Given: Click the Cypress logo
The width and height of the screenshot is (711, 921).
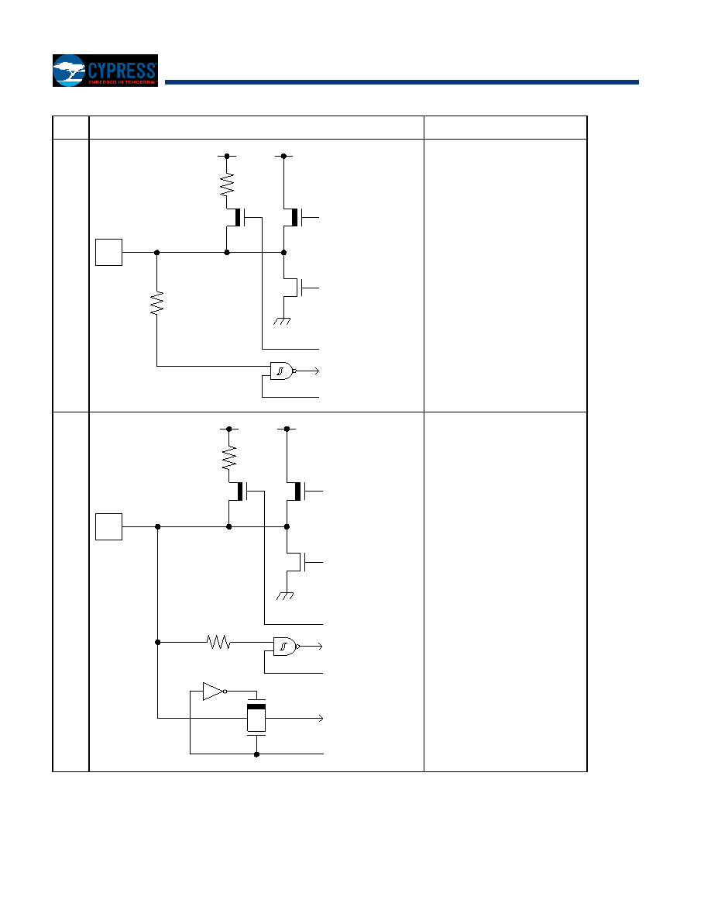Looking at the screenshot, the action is click(105, 71).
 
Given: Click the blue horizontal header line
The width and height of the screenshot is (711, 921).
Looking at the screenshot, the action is click(402, 82).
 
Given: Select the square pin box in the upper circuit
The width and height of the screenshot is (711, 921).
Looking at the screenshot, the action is click(109, 253).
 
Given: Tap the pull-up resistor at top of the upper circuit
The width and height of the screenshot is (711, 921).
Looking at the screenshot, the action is click(227, 185).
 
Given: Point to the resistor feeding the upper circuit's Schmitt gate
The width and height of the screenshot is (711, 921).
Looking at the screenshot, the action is click(156, 303).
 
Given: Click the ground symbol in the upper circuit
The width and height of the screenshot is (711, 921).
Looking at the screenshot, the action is click(282, 321).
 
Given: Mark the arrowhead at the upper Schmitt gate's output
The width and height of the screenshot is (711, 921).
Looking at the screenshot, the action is click(316, 371).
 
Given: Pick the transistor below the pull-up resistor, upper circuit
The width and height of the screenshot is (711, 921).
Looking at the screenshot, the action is click(241, 217).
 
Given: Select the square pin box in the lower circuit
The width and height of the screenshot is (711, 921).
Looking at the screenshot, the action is click(109, 527).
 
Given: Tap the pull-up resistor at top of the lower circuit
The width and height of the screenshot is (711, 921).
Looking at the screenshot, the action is click(228, 457).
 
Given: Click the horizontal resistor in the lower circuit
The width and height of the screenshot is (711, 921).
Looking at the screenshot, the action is click(219, 642).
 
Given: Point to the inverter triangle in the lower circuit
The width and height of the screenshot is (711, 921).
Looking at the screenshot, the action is click(215, 692).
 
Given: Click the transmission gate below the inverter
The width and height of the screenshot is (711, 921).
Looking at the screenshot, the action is click(256, 718).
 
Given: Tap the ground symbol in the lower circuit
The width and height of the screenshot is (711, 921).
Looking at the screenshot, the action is click(285, 596).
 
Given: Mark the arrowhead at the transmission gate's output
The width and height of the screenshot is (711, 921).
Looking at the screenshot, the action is click(321, 719).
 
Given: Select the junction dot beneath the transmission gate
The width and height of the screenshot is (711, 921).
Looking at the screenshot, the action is click(256, 754).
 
